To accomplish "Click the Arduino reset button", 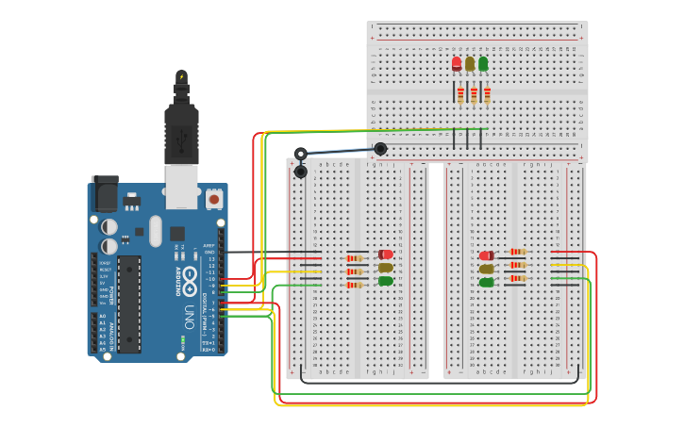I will (214, 199).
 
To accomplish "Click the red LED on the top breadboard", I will (457, 64).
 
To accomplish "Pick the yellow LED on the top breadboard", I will (470, 64).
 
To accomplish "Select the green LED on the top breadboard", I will (483, 64).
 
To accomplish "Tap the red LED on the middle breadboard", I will (386, 255).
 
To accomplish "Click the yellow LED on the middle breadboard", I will (386, 268).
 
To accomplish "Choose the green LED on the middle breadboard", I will (386, 281).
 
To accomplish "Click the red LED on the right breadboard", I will (486, 255).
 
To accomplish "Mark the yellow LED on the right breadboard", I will (486, 269).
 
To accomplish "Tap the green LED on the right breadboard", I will (486, 282).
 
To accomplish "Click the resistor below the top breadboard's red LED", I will (460, 94).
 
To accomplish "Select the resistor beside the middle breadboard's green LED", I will (355, 284).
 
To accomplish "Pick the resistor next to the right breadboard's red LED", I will (517, 252).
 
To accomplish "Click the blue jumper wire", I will (340, 151).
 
